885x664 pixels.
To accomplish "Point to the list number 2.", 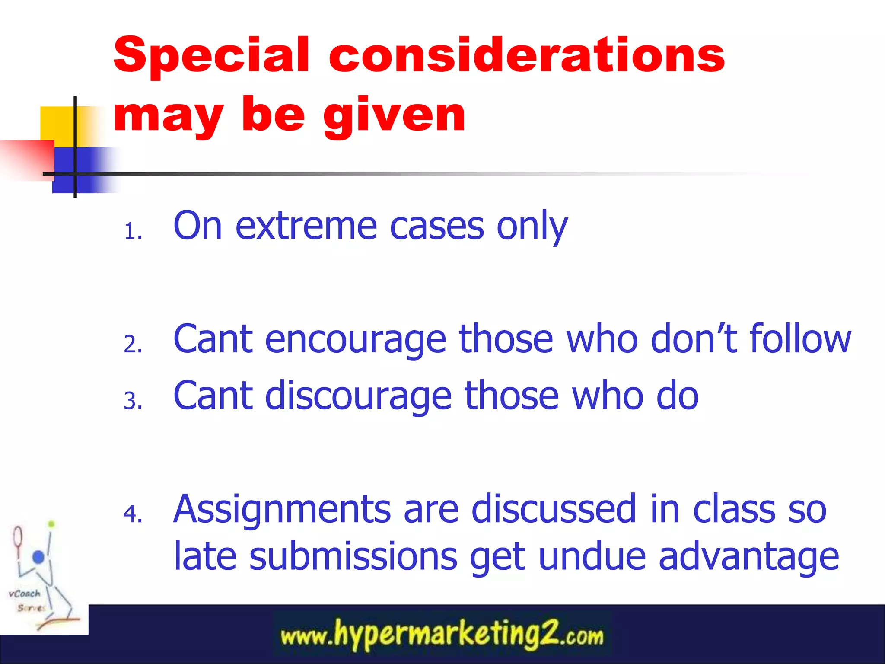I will (133, 345).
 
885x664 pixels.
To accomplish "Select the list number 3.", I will (133, 401).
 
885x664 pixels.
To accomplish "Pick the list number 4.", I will (133, 514).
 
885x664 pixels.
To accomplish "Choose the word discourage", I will (358, 396).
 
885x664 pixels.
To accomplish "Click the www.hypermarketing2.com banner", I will (442, 635).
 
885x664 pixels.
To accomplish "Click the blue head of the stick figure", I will (38, 556).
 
